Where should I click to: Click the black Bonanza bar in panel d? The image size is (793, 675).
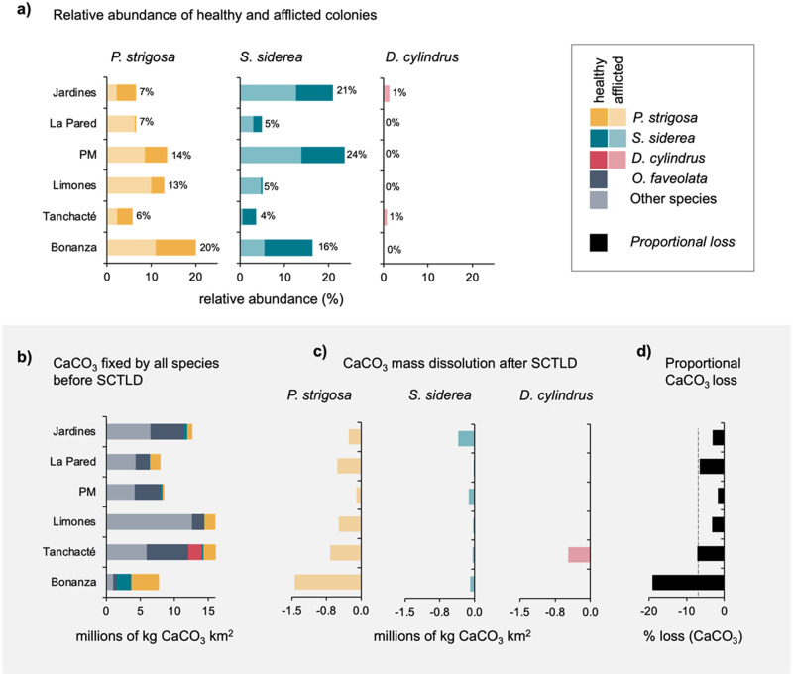click(x=688, y=583)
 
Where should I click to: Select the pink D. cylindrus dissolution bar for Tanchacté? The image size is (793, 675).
click(x=579, y=554)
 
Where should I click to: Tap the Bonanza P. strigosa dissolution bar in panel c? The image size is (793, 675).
click(x=327, y=583)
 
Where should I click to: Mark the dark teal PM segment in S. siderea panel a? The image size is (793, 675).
click(x=322, y=155)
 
